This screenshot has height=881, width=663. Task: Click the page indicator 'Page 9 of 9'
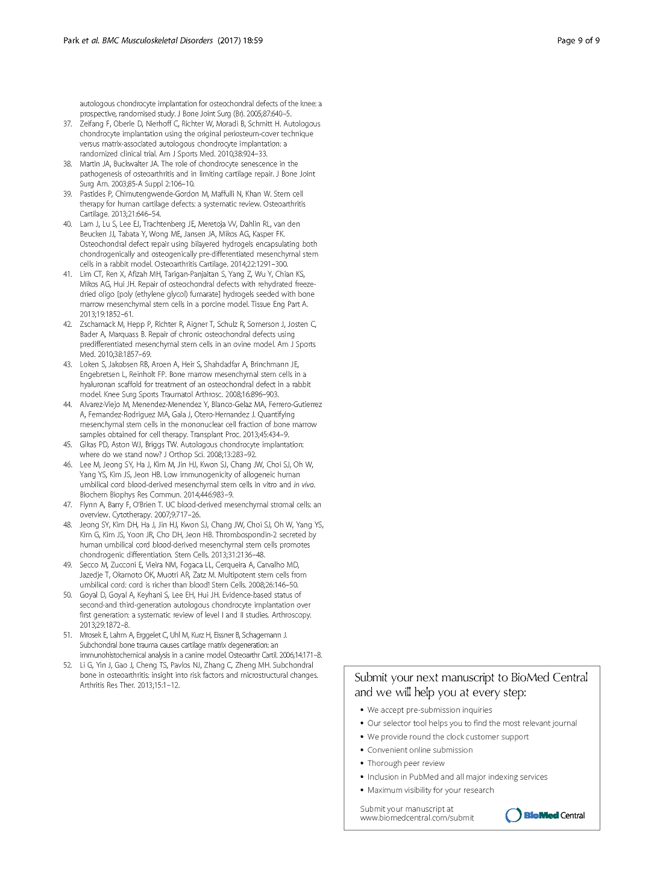click(578, 40)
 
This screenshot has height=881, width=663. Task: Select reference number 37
click(68, 124)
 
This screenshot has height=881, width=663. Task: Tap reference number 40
click(68, 224)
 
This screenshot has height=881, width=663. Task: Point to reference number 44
click(68, 404)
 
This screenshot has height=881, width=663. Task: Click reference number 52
click(68, 665)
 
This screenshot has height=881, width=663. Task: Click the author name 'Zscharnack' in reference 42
click(97, 324)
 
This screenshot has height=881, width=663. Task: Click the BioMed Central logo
click(545, 815)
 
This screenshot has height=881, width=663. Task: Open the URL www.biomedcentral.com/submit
click(416, 818)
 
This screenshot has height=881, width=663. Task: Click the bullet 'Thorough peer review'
click(406, 763)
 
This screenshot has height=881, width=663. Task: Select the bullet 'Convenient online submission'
click(419, 750)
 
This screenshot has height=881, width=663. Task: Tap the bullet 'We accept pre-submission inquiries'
click(429, 710)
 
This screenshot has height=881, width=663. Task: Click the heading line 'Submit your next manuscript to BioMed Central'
click(471, 677)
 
